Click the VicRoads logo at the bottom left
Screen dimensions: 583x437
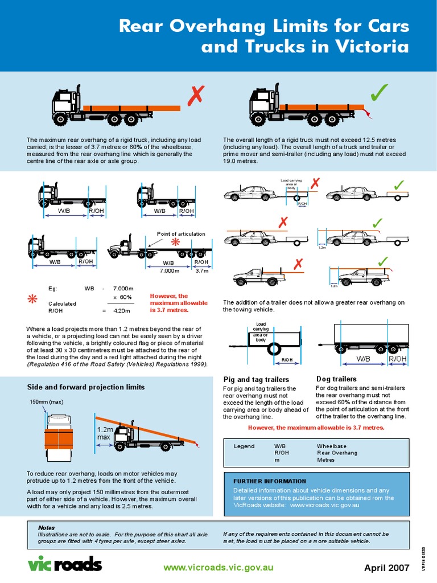(65, 564)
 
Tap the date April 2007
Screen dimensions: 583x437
(387, 568)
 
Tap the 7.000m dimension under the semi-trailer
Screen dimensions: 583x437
(168, 270)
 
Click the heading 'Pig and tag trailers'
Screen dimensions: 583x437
(255, 379)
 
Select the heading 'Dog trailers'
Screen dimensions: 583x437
(336, 379)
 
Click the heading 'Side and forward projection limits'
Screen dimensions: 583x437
(86, 387)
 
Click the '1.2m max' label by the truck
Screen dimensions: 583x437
(103, 433)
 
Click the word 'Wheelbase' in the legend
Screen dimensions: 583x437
(332, 446)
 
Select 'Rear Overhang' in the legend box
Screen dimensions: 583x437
(337, 453)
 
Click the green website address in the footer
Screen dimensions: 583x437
(218, 568)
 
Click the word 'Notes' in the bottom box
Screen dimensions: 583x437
(46, 528)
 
